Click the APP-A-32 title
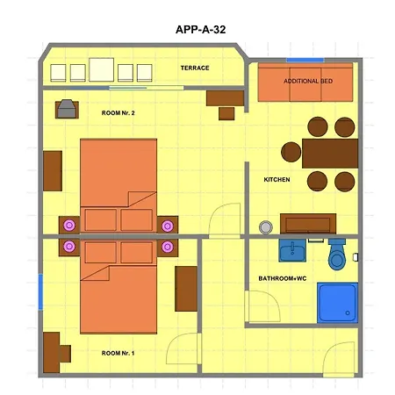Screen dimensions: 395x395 [x=200, y=30]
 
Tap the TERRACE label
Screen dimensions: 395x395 [x=195, y=68]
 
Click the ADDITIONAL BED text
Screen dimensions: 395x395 [x=308, y=81]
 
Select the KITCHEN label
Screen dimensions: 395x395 [x=276, y=179]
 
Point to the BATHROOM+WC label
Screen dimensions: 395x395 [x=283, y=278]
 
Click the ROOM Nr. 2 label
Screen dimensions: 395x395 [x=118, y=113]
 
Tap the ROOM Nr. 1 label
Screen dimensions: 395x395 [x=118, y=353]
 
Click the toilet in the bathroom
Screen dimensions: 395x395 [x=337, y=254]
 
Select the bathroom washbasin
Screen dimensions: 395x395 [x=292, y=250]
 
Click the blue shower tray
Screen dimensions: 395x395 [x=337, y=303]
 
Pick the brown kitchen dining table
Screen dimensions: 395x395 [x=330, y=154]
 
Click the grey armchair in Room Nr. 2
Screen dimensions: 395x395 [x=67, y=109]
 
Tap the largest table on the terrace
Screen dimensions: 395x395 [x=101, y=69]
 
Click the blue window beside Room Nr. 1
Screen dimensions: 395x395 [x=40, y=292]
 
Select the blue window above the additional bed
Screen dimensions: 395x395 [x=305, y=60]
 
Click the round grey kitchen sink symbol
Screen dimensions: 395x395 [x=266, y=227]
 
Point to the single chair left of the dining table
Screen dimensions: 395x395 [x=291, y=152]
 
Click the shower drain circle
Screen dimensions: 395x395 [x=348, y=313]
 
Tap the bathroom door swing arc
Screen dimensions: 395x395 [x=273, y=298]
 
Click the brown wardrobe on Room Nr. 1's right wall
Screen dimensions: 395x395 [x=186, y=289]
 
